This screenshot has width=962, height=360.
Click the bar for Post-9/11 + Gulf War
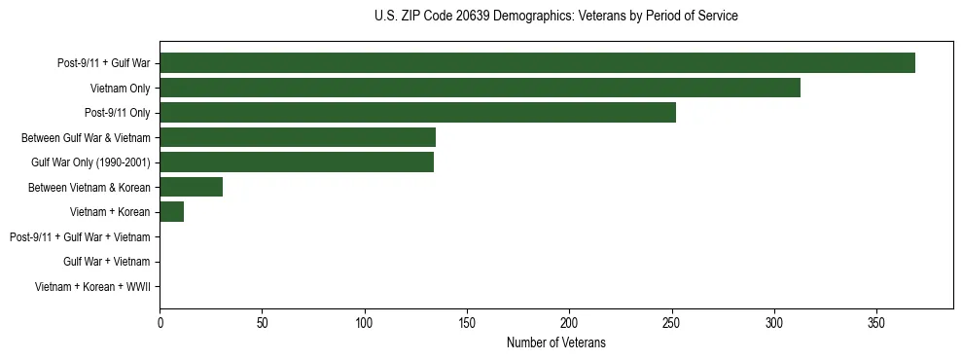pos(537,63)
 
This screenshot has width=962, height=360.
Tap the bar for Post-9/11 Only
pos(417,113)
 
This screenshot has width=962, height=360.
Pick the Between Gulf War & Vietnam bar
pos(298,137)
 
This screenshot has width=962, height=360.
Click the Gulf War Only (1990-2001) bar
pos(297,162)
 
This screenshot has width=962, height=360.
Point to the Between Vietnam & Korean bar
pos(192,187)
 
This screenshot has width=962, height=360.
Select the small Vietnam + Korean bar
pos(172,212)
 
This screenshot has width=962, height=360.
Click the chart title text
pos(555,17)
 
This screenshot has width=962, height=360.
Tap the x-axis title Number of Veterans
pos(555,342)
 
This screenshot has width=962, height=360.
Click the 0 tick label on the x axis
pos(160,321)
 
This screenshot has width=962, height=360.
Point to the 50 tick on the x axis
pos(263,321)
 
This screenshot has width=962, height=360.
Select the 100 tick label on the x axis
pos(365,321)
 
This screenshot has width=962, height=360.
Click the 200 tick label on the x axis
pos(569,321)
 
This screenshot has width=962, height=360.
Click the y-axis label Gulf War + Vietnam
pos(106,262)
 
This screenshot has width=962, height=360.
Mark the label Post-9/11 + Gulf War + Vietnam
pos(80,237)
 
